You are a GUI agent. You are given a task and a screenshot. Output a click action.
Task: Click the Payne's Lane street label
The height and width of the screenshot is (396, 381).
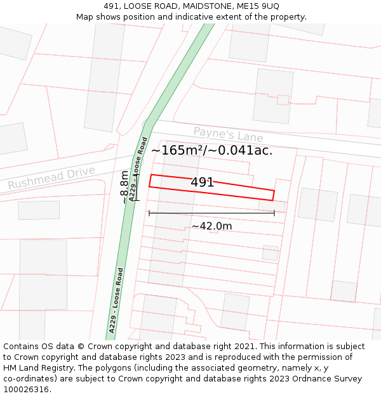tap(228, 135)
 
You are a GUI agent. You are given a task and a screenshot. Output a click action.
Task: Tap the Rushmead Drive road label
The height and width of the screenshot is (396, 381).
tap(51, 177)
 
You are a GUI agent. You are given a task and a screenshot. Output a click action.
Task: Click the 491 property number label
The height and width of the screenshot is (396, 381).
tap(203, 182)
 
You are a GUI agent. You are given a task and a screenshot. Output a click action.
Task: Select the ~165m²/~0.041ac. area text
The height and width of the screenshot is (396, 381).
tap(211, 151)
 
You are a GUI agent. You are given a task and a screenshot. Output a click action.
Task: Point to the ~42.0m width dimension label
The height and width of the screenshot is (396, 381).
tap(211, 226)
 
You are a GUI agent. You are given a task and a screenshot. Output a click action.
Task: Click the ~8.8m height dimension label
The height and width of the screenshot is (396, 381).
tap(124, 186)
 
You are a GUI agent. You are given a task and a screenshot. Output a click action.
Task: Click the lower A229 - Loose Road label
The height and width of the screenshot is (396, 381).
tap(116, 300)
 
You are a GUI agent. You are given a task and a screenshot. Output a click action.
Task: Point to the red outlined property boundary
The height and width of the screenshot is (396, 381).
tap(211, 188)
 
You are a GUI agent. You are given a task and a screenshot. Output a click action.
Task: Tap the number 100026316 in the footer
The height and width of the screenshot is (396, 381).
tap(26, 390)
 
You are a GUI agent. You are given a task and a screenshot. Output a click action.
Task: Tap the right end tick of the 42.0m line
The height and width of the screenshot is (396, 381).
tap(274, 213)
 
